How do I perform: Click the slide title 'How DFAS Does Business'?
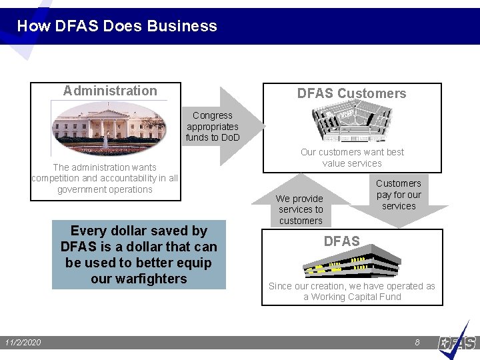117,26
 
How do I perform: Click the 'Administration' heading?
110,91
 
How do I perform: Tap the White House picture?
109,127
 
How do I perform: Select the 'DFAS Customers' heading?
351,93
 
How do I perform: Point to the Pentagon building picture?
351,124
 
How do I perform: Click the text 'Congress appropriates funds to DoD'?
212,127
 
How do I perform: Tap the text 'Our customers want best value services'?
352,157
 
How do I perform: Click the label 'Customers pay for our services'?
399,195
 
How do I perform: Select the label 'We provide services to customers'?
300,209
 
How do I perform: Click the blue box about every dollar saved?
139,255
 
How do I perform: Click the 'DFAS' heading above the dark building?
341,241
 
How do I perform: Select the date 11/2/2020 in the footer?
23,343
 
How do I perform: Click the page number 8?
417,342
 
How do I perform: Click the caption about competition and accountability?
105,178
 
